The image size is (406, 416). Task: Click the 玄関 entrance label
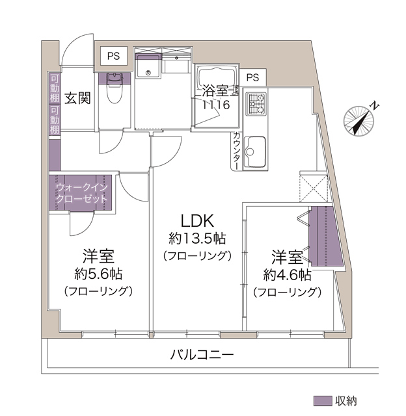77,98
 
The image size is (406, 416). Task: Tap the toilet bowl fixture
115,88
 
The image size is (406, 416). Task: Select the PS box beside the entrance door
113,56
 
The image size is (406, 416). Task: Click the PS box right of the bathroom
252,77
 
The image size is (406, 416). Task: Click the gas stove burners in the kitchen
256,104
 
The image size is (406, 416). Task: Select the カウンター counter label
237,150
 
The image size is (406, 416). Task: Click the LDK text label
197,221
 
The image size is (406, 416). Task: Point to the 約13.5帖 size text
197,239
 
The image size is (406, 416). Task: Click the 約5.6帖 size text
98,274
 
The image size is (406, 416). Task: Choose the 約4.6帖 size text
288,275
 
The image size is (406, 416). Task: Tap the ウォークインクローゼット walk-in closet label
82,193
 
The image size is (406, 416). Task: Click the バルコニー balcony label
202,354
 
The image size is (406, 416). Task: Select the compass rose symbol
359,121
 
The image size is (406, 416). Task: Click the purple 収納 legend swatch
323,401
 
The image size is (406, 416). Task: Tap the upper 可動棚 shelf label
55,88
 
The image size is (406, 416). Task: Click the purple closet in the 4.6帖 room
326,237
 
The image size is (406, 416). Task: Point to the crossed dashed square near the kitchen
314,187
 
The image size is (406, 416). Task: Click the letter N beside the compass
375,106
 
